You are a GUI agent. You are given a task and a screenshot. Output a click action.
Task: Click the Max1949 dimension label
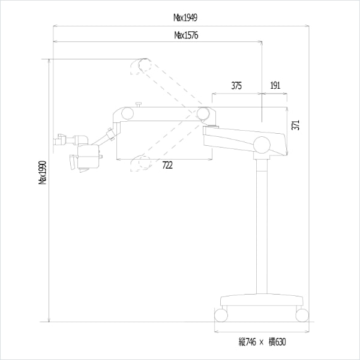click(x=185, y=17)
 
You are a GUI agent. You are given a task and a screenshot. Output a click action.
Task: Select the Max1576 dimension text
click(x=186, y=35)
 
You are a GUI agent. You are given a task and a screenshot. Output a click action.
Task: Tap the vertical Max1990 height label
click(x=43, y=172)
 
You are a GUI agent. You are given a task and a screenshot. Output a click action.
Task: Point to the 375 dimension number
click(x=236, y=86)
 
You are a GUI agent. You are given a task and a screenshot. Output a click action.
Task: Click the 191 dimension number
click(x=275, y=85)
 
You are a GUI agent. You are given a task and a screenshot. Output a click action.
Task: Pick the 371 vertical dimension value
click(x=295, y=125)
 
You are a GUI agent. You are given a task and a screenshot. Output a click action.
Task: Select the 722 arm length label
click(x=167, y=165)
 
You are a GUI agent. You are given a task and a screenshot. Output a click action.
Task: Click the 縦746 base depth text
click(x=247, y=342)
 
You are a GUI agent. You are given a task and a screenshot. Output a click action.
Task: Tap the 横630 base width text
click(x=277, y=342)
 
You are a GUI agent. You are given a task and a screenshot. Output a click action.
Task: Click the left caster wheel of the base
click(x=221, y=315)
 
